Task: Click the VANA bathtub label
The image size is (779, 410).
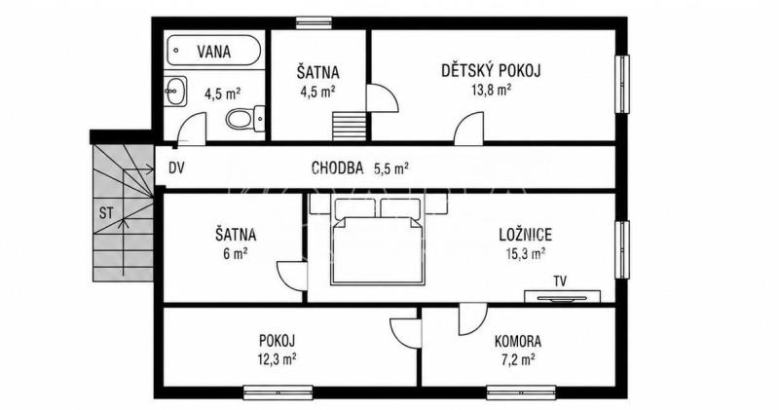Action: (x=213, y=52)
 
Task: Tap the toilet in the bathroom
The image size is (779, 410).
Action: (x=245, y=118)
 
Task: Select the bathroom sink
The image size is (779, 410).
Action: (x=175, y=92)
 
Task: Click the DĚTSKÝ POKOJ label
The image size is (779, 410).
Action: (x=491, y=70)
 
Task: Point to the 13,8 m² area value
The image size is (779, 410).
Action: (x=491, y=90)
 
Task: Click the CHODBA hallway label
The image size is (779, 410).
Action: (x=337, y=168)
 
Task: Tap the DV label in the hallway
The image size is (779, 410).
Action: (x=176, y=168)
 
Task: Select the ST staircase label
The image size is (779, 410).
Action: (x=106, y=213)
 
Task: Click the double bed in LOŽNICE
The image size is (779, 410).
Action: (x=379, y=242)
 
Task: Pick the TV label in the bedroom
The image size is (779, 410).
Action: (x=560, y=281)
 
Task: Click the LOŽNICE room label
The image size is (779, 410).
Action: (x=526, y=234)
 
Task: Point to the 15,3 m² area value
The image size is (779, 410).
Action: (x=525, y=253)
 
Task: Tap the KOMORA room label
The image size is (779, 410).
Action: (x=518, y=342)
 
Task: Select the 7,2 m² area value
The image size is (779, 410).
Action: (x=518, y=359)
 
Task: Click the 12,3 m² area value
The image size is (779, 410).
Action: (x=277, y=358)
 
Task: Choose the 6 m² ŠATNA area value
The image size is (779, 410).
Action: (x=236, y=253)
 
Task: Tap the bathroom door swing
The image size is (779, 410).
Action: (x=192, y=129)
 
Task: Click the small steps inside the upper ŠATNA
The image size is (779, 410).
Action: (x=349, y=127)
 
